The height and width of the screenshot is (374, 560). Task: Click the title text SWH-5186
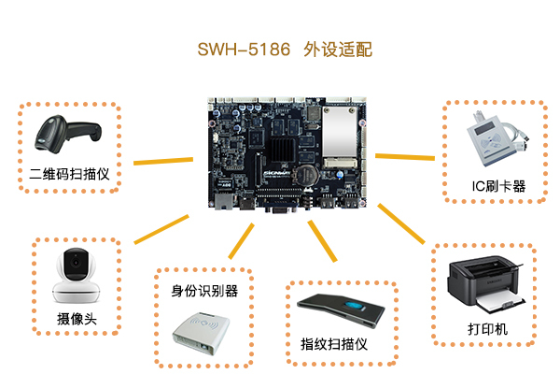244,50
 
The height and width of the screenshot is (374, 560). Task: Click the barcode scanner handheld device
68,134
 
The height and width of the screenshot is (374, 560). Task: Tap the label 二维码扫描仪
69,174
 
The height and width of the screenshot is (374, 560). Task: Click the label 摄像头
77,319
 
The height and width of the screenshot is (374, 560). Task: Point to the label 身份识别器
204,291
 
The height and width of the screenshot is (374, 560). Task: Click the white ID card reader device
201,334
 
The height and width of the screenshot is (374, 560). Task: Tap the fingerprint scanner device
341,310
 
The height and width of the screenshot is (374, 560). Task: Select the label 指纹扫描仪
334,344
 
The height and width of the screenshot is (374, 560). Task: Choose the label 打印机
487,329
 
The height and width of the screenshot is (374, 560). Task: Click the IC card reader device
497,138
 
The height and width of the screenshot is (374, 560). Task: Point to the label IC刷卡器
498,186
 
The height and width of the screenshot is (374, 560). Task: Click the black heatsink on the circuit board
282,150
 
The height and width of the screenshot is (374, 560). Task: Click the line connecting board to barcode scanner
163,161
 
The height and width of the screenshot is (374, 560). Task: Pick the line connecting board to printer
401,223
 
